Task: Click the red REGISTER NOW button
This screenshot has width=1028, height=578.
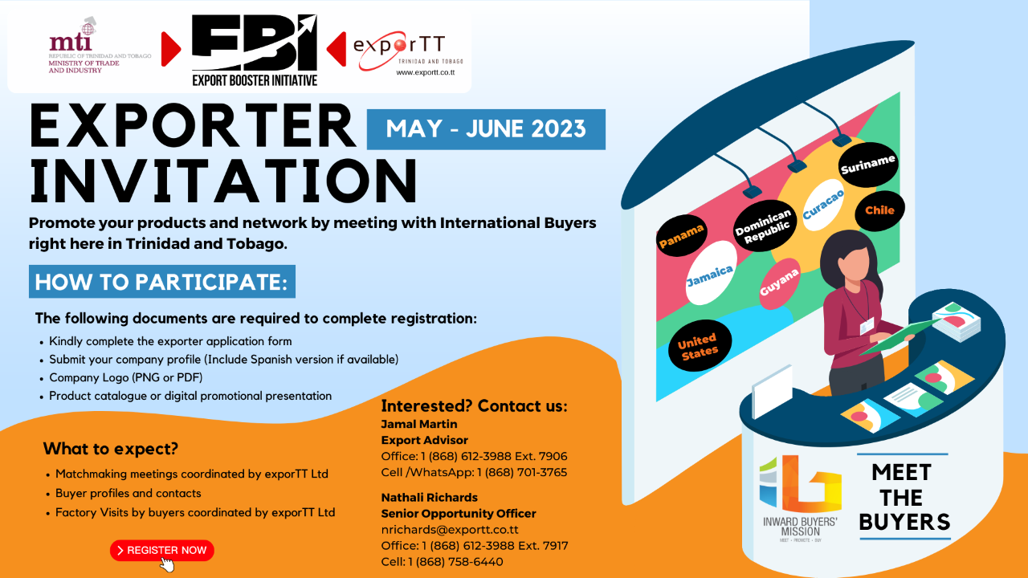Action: pos(162,550)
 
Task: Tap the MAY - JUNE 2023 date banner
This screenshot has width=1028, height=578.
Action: pos(486,129)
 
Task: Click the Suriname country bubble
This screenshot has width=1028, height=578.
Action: pos(868,165)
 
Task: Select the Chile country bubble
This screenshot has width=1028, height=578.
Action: pos(879,210)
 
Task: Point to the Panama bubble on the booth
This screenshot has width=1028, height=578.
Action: pos(682,235)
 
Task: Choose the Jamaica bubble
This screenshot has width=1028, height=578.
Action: pos(710,273)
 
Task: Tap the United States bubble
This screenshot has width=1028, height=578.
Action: pos(699,345)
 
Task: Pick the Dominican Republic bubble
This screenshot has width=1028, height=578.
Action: pos(763,226)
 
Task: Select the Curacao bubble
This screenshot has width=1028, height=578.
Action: pos(823,205)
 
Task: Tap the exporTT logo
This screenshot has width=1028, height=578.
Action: pos(407,51)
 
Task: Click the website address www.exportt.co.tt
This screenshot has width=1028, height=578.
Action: pos(426,72)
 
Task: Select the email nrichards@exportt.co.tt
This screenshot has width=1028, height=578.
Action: pos(450,529)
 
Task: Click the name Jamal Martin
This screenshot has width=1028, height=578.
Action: pos(419,424)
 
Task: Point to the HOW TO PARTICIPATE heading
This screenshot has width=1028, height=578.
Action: pos(162,282)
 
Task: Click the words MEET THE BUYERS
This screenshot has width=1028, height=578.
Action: pos(904,497)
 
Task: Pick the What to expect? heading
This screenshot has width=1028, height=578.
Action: pos(111,448)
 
